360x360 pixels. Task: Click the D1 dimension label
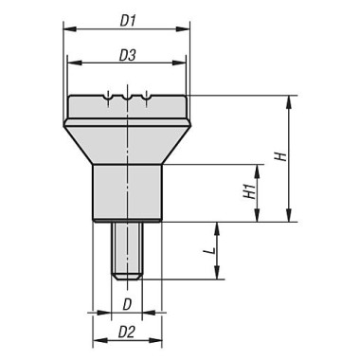127,19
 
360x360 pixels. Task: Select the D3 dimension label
127,56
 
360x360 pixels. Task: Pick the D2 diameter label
127,333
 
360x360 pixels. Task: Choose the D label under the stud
127,303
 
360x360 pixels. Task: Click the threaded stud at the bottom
127,248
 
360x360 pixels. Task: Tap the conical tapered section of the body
127,144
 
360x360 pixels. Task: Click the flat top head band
127,111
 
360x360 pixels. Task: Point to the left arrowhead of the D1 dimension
66,29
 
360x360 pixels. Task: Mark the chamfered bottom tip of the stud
127,276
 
